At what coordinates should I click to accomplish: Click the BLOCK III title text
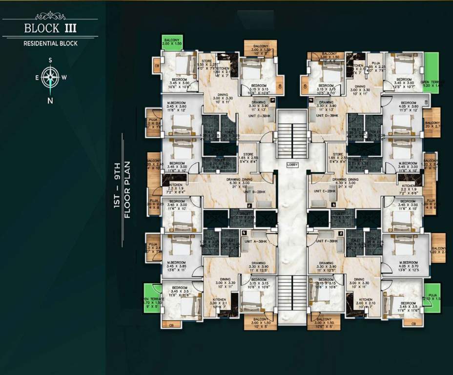click(x=50, y=28)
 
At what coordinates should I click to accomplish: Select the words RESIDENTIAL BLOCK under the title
click(x=50, y=43)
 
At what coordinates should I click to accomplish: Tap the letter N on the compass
click(x=50, y=101)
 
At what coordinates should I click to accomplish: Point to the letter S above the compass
click(x=50, y=61)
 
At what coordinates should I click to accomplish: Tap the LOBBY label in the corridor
click(x=292, y=165)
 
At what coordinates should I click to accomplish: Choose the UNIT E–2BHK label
click(x=325, y=191)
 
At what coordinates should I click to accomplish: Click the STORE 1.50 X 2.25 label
click(x=206, y=63)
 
